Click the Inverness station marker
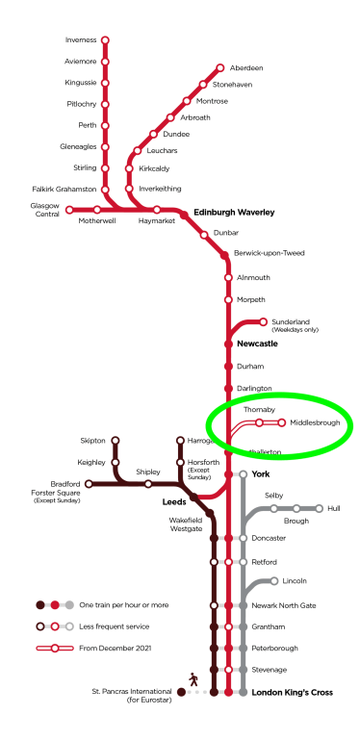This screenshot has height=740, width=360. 105,40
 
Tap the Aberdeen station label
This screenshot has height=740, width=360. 244,68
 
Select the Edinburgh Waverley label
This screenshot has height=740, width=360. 234,212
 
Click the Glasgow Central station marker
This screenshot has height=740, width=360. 69,210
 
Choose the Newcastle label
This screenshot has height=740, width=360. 257,344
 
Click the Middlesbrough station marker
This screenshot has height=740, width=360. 282,422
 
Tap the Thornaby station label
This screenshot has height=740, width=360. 259,409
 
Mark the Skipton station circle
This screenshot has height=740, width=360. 116,441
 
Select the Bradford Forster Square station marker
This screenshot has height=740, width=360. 90,484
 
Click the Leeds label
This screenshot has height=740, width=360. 173,501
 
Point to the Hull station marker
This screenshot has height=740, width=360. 320,508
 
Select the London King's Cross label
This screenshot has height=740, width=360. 292,692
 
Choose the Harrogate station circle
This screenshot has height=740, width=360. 180,441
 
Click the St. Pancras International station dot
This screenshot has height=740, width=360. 181,692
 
